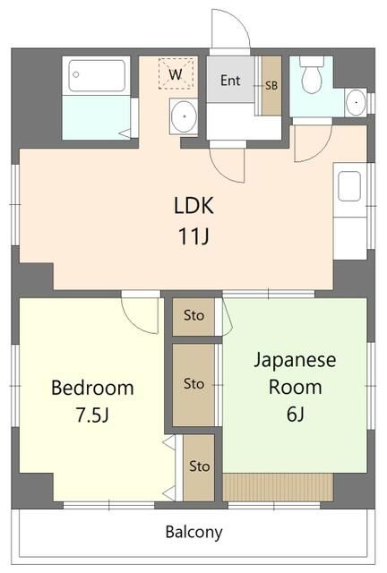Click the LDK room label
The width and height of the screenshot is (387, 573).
click(x=193, y=205)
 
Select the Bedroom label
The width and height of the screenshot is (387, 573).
click(x=92, y=389)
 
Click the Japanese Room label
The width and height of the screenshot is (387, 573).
click(x=295, y=373)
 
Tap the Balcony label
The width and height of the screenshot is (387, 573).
click(x=193, y=532)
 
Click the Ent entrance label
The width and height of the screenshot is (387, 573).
click(x=230, y=81)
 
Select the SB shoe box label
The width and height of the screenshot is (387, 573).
click(x=271, y=85)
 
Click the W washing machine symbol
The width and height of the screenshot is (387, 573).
click(x=176, y=74)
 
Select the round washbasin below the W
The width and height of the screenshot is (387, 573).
click(x=185, y=116)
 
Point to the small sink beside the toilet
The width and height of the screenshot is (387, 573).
click(x=356, y=102)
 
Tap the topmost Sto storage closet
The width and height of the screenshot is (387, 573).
click(x=193, y=315)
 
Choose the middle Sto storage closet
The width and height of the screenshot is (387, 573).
click(x=193, y=384)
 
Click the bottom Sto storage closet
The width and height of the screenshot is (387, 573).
click(x=199, y=466)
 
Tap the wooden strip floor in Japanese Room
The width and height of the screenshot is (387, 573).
click(x=278, y=487)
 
